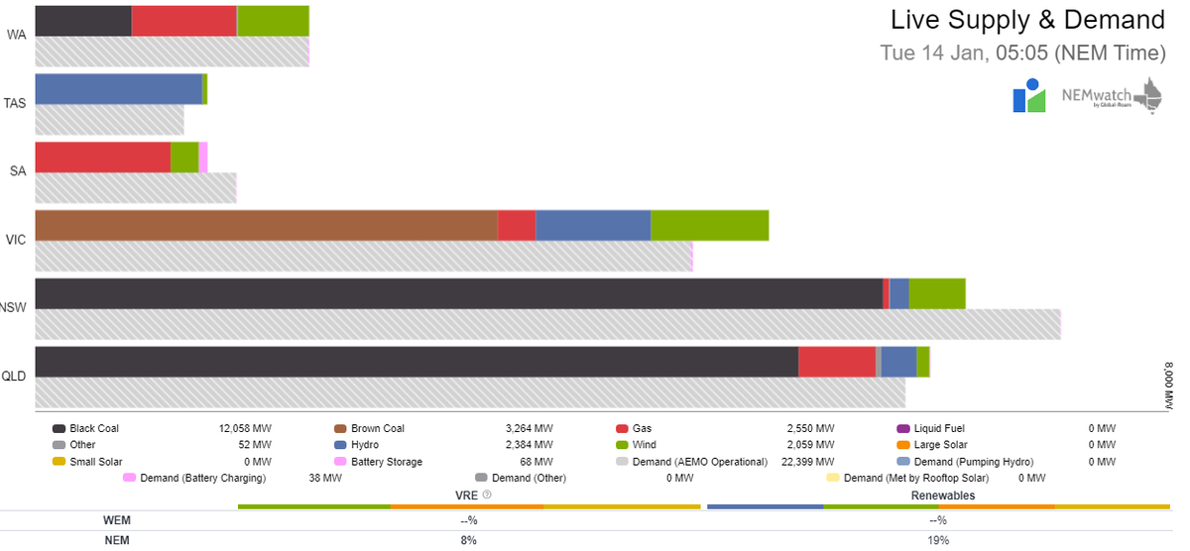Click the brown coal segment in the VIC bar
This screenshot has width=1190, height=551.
click(x=266, y=225)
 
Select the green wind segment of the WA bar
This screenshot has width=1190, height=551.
click(x=273, y=21)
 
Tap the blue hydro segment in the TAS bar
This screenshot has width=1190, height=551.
click(x=118, y=89)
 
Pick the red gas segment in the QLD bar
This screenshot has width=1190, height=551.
click(x=837, y=362)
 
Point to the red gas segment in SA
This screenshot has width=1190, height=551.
click(x=102, y=157)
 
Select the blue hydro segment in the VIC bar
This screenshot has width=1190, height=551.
click(x=593, y=225)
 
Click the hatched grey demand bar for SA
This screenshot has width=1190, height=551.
click(x=136, y=188)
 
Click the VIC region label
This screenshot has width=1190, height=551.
click(x=16, y=240)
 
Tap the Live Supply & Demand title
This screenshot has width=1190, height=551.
click(x=1027, y=20)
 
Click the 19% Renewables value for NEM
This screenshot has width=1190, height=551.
click(x=938, y=540)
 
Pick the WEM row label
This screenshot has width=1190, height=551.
click(x=117, y=520)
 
